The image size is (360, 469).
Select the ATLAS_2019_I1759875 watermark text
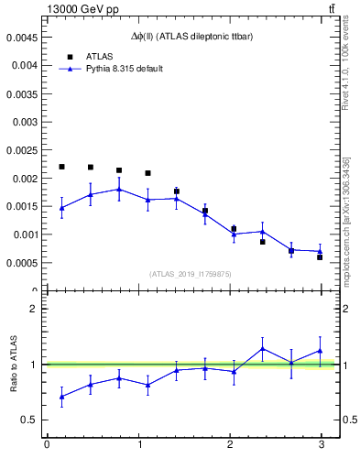(191, 274)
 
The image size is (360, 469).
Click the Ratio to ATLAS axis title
(15, 364)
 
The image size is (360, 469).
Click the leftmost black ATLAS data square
(61, 167)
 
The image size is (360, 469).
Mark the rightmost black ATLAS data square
(320, 256)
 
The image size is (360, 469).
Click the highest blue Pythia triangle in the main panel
(119, 190)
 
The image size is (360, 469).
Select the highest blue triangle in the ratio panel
(262, 348)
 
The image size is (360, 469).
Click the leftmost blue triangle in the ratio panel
(61, 397)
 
